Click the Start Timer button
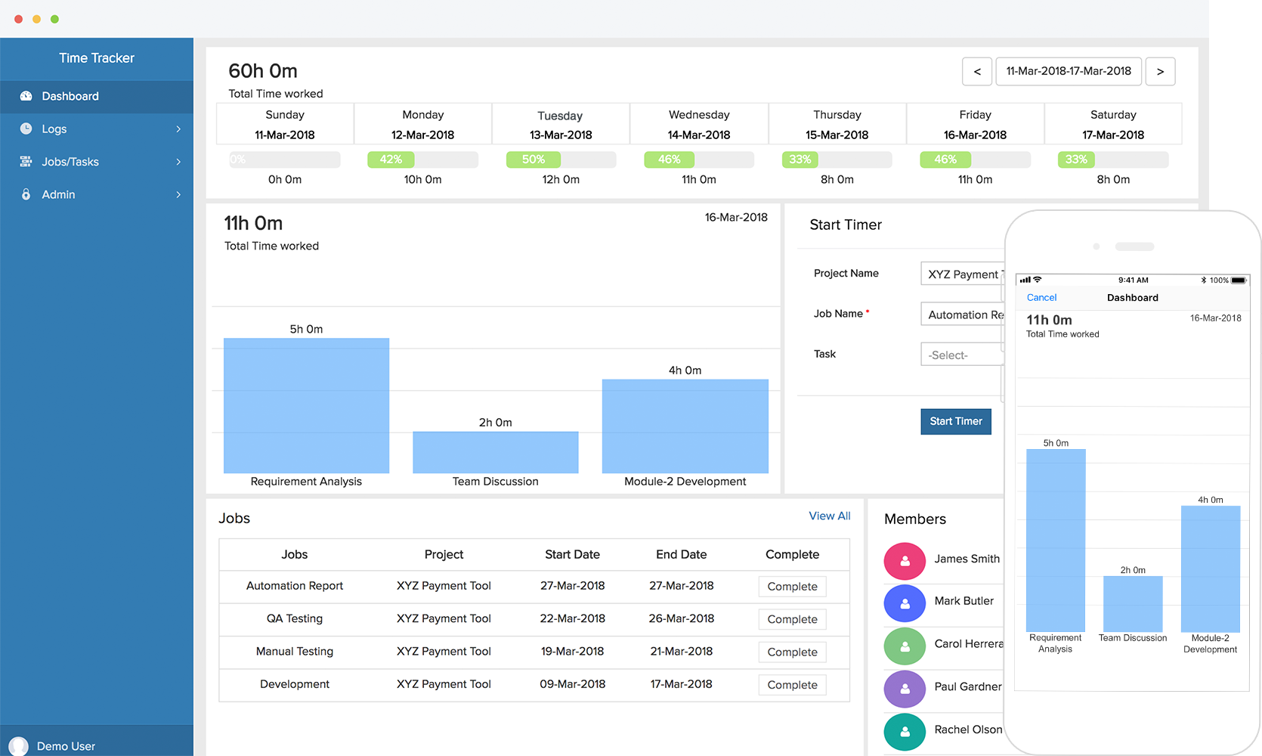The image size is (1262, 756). (x=955, y=421)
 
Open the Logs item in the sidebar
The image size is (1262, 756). (x=54, y=129)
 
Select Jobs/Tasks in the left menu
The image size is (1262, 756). (x=70, y=162)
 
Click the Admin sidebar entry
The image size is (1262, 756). (x=58, y=194)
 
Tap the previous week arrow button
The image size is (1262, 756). (x=977, y=72)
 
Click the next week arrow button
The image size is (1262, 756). (x=1160, y=72)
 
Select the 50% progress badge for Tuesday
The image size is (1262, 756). (x=533, y=160)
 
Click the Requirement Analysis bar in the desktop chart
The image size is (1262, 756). (x=306, y=405)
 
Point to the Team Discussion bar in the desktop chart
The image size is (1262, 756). (x=495, y=452)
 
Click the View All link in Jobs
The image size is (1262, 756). (x=829, y=516)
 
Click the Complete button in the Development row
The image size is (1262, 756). (x=792, y=685)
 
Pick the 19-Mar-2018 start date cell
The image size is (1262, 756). (x=572, y=651)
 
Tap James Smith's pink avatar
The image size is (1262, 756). (x=905, y=561)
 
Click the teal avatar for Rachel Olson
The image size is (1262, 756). (x=905, y=731)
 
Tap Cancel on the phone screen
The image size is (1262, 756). (x=1041, y=298)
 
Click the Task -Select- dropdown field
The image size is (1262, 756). (x=961, y=355)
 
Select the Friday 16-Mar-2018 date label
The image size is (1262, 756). (x=975, y=135)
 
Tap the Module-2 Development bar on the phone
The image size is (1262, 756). (x=1210, y=569)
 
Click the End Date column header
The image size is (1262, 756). (x=681, y=554)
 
